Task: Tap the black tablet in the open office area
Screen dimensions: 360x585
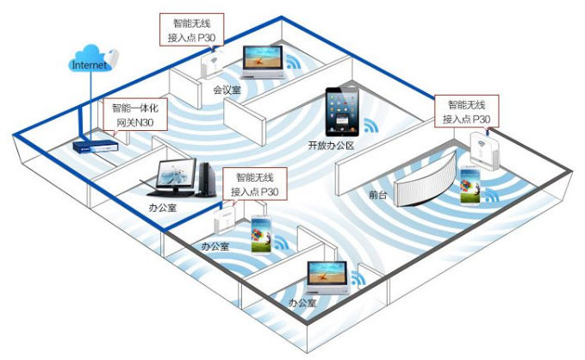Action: [x=341, y=109]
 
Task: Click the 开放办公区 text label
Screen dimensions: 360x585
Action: [x=331, y=146]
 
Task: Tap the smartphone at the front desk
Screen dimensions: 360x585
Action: [x=470, y=186]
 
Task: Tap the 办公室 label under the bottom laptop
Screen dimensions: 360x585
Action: [x=302, y=303]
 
